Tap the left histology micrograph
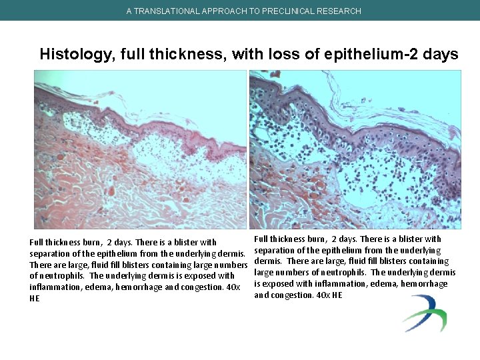click(x=140, y=149)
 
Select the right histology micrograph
click(x=355, y=149)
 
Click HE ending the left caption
click(x=35, y=299)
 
